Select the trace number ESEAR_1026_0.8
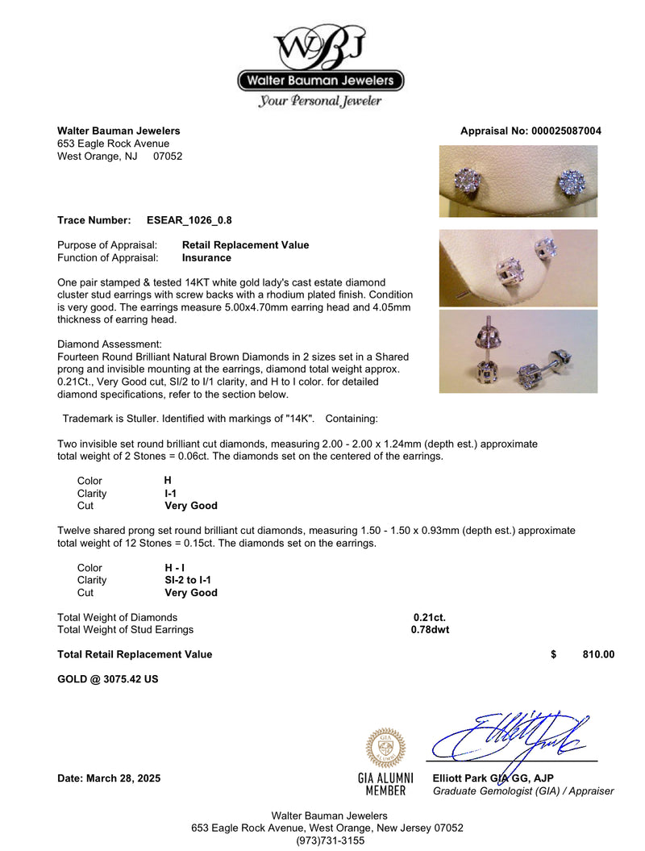click(x=189, y=219)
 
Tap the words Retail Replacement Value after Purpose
click(x=245, y=245)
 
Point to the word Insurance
click(x=206, y=258)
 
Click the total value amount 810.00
click(x=598, y=655)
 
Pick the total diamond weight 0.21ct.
click(x=430, y=617)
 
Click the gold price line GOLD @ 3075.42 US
click(x=108, y=679)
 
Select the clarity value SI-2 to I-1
click(x=188, y=580)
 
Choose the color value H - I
click(x=175, y=567)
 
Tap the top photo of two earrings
click(x=518, y=181)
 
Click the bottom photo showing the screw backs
click(x=518, y=351)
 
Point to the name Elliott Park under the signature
click(x=460, y=778)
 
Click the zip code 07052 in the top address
click(x=168, y=156)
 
